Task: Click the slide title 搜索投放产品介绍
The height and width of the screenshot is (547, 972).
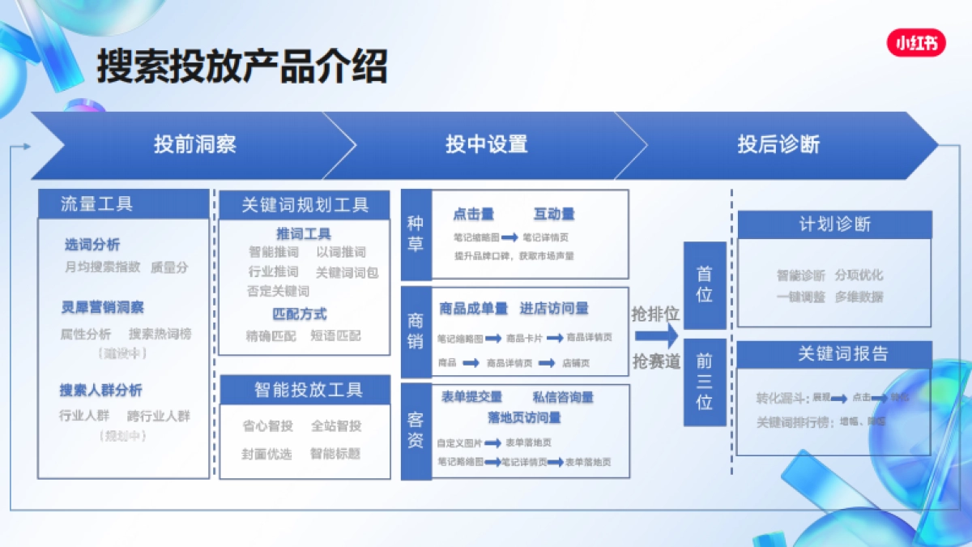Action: tap(241, 66)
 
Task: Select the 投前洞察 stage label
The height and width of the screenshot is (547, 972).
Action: tap(195, 145)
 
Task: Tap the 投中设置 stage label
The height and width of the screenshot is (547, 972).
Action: tap(486, 145)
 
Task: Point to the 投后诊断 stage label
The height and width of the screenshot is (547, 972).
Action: tap(778, 145)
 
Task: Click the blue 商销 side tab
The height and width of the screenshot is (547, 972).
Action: tap(416, 331)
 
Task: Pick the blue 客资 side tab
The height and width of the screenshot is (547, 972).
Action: tap(416, 431)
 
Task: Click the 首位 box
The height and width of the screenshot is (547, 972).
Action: tap(705, 284)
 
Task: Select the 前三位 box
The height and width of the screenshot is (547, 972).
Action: tap(705, 382)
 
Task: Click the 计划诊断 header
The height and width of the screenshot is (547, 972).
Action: tap(834, 224)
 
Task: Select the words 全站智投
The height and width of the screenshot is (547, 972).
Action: tap(336, 426)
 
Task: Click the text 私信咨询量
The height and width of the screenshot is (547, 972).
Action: tap(563, 397)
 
